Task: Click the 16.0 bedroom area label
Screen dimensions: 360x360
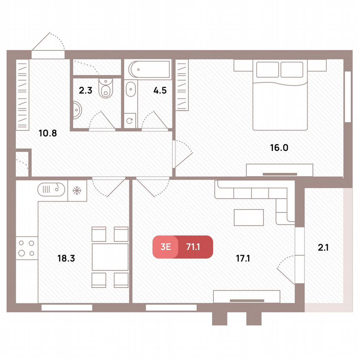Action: (279, 147)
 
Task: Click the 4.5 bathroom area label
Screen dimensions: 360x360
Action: (160, 90)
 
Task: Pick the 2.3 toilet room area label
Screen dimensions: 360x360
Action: (86, 90)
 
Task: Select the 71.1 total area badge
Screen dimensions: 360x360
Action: (193, 247)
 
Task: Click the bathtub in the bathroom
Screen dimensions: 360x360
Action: (149, 69)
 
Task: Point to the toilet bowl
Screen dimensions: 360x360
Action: (106, 88)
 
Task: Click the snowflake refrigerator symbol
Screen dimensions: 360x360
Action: (77, 190)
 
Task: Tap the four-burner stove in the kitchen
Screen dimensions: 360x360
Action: (26, 248)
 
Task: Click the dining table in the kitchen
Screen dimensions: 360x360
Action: (110, 257)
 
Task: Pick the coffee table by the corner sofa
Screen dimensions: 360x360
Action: (249, 217)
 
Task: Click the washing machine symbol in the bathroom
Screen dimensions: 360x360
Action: (130, 121)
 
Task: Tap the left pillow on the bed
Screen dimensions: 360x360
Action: (267, 70)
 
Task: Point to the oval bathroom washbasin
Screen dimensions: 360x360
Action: (130, 90)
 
